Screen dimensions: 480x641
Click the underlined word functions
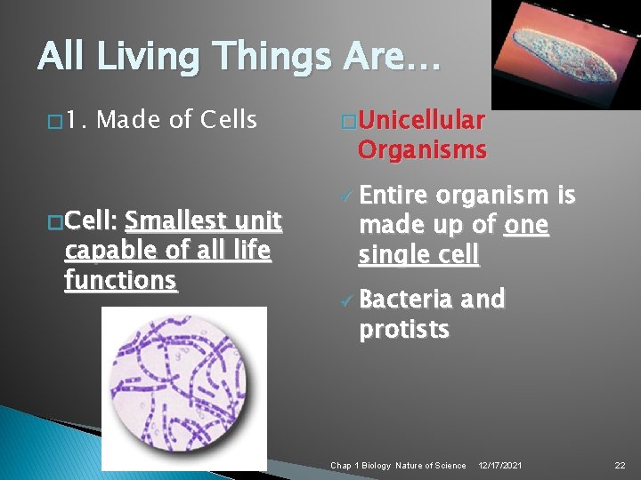121,280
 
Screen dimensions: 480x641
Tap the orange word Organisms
422,149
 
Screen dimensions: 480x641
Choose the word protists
403,330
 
